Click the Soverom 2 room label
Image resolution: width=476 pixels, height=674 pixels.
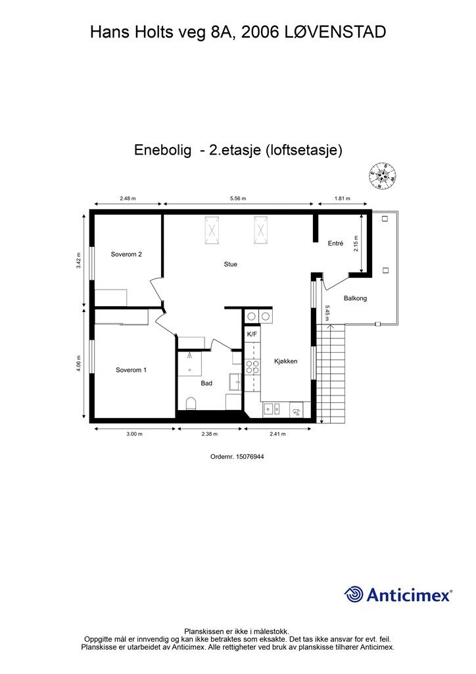(x=126, y=254)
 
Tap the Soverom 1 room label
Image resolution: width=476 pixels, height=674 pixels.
(x=131, y=370)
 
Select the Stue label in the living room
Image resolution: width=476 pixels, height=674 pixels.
(x=230, y=265)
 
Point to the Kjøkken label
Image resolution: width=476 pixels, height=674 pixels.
(x=286, y=361)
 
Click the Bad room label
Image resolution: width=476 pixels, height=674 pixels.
(x=206, y=383)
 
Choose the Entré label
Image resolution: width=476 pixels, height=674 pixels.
(x=335, y=244)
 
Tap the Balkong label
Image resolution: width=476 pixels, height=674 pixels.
(x=355, y=299)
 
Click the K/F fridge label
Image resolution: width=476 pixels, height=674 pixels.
(x=252, y=335)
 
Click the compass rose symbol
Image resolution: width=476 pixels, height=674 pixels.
(x=382, y=176)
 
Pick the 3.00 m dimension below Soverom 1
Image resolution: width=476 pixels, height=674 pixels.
(x=134, y=433)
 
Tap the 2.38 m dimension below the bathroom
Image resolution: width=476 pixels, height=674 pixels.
(x=210, y=433)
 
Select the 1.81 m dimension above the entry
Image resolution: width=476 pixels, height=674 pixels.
(x=342, y=198)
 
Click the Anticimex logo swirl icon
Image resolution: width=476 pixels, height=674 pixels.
(x=354, y=594)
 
